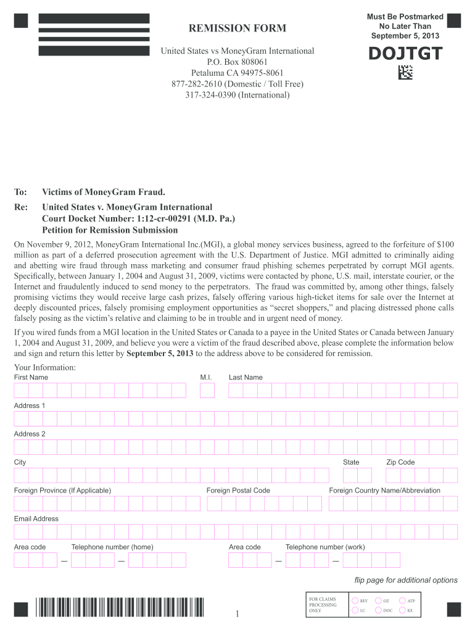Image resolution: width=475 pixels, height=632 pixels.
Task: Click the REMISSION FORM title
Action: pos(238,28)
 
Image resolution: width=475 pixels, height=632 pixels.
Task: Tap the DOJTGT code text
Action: pos(405,54)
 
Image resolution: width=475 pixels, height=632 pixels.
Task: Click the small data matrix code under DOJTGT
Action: pos(405,73)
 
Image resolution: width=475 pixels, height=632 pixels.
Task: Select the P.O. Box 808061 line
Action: pos(238,62)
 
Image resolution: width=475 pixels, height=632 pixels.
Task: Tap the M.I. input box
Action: pos(207,390)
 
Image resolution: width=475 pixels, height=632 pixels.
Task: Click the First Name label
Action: pos(31,377)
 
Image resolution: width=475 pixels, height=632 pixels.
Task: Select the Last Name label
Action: pos(246,377)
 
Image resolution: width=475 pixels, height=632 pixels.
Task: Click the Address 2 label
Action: pos(30,434)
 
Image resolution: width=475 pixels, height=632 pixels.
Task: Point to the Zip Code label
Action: pos(400,462)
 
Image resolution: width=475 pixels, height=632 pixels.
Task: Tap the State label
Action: pos(351,462)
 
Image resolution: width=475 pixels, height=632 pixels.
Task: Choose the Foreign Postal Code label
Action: pos(238,491)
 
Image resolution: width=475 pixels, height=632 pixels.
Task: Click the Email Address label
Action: pos(36,518)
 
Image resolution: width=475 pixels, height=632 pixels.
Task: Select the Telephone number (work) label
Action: pos(325,547)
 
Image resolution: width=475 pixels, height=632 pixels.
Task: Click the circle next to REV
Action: pos(355,601)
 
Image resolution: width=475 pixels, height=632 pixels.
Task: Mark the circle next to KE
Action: pos(402,610)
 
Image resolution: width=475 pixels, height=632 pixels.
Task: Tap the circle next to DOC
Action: pos(379,610)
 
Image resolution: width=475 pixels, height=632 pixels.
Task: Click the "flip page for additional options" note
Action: pos(406,580)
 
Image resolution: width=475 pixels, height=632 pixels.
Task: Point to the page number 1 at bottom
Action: pos(237,613)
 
